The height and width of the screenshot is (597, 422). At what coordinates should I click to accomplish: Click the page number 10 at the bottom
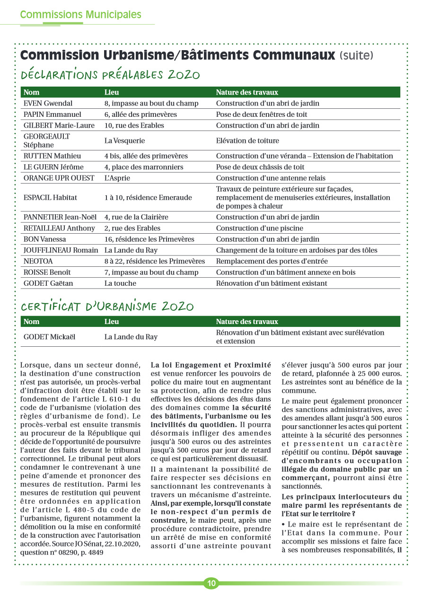211,583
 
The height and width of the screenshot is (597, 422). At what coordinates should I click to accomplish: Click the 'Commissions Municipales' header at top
80,15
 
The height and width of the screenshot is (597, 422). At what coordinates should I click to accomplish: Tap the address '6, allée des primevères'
141,114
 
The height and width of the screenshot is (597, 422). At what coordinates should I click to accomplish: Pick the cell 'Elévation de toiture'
247,140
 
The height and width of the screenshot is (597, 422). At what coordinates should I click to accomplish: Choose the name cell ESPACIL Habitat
50,197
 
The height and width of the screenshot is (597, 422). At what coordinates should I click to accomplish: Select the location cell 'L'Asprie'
117,178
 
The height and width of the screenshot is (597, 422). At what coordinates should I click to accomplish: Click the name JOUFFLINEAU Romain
61,250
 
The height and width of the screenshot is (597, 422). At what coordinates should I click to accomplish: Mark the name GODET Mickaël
49,337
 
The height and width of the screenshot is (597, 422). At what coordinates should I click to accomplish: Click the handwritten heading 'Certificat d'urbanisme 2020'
107,307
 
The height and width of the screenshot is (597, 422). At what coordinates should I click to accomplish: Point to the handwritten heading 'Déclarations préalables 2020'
110,75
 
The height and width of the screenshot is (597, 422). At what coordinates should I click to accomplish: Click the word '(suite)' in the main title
356,55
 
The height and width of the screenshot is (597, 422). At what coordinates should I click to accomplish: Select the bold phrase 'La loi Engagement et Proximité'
211,365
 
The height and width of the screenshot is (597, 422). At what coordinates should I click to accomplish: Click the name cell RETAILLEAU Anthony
59,228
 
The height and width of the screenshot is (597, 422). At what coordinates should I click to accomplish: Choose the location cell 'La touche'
120,283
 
